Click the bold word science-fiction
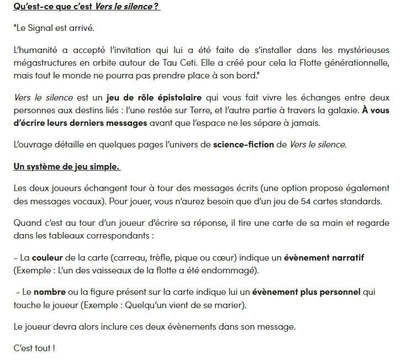point(243,145)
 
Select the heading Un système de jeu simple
point(67,166)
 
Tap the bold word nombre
point(49,292)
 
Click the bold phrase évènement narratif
point(324,258)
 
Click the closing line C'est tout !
point(34,348)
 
